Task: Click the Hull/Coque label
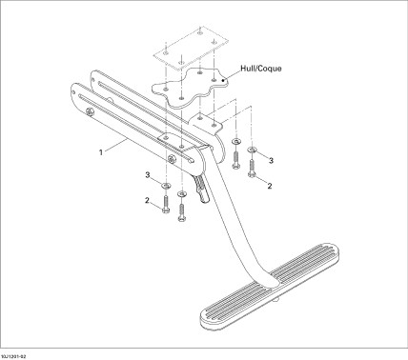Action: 261,69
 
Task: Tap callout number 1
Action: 101,152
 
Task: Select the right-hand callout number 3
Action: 271,161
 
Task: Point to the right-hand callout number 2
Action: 270,186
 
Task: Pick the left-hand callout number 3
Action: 148,175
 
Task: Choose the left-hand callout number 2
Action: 147,201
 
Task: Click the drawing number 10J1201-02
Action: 13,357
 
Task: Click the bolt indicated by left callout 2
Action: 166,204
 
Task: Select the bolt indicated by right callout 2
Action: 252,169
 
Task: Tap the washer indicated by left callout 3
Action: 166,185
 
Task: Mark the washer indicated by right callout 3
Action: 252,149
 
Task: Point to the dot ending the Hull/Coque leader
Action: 224,80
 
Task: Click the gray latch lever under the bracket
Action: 202,189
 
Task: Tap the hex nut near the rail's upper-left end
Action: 90,110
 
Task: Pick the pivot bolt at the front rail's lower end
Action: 172,160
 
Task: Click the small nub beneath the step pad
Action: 277,299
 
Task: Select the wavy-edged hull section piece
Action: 191,88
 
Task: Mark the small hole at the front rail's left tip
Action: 73,92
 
